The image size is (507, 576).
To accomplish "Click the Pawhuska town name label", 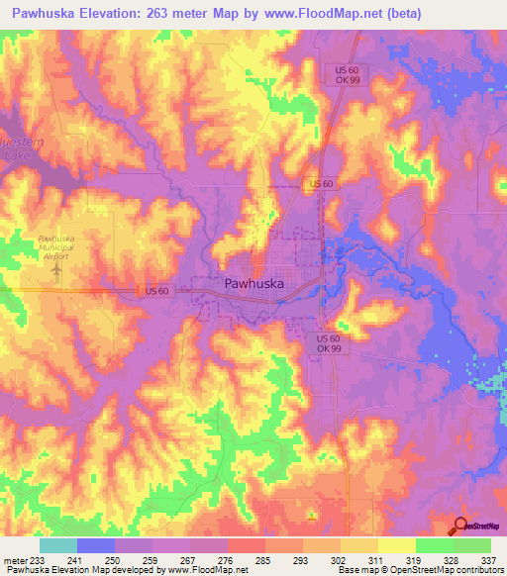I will [254, 284].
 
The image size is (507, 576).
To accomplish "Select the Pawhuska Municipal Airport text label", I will [55, 246].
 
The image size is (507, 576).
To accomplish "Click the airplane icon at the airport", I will [55, 267].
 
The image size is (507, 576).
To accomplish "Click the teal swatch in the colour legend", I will [57, 545].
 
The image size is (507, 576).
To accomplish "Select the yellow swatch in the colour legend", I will [396, 545].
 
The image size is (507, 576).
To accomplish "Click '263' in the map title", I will [168, 14].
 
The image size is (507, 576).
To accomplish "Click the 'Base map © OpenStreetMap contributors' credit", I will [420, 571].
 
